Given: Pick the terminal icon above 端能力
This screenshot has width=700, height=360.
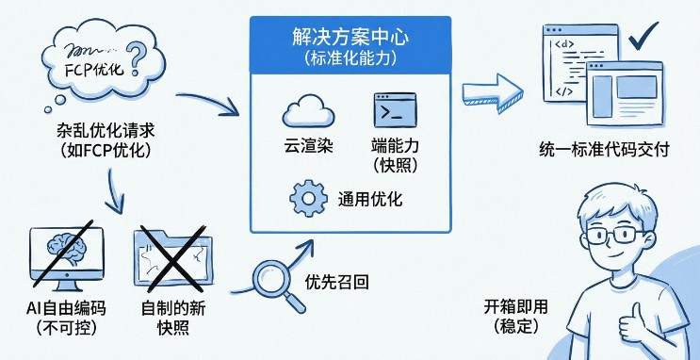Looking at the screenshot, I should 394,110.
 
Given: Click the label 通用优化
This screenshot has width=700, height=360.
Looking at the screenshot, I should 370,200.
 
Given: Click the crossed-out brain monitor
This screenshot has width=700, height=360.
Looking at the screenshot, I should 63,254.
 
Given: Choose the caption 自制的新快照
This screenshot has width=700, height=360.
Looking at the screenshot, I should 177,317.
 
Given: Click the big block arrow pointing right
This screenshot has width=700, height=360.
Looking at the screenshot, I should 491,93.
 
